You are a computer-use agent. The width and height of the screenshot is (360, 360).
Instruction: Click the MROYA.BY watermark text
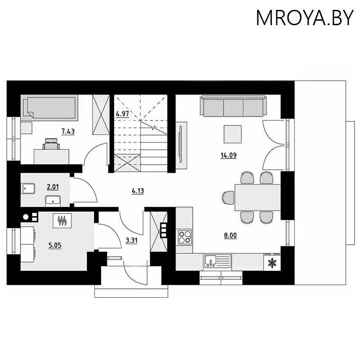pyautogui.click(x=303, y=18)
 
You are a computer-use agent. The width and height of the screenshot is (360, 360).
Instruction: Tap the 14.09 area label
pyautogui.click(x=229, y=156)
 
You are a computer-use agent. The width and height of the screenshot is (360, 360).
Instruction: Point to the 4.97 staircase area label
pyautogui.click(x=122, y=113)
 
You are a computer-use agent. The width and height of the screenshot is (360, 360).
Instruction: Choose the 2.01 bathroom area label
pyautogui.click(x=53, y=186)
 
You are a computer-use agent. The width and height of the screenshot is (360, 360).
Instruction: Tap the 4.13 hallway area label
pyautogui.click(x=137, y=191)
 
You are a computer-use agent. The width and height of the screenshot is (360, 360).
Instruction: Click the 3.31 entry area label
pyautogui.click(x=131, y=240)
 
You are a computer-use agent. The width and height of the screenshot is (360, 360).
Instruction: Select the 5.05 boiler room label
pyautogui.click(x=54, y=246)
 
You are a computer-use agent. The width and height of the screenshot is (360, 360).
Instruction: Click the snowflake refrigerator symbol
pyautogui.click(x=272, y=262)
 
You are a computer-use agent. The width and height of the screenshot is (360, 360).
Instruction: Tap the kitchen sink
pyautogui.click(x=217, y=260)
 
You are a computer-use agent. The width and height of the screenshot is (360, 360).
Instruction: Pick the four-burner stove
pyautogui.click(x=184, y=236)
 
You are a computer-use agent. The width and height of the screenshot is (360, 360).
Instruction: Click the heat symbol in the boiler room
pyautogui.click(x=62, y=220)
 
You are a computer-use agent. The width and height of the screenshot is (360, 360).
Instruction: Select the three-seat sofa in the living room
pyautogui.click(x=232, y=107)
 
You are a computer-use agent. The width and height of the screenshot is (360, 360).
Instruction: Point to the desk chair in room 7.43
pyautogui.click(x=51, y=144)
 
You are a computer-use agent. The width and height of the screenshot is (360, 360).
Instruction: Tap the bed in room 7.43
pyautogui.click(x=50, y=107)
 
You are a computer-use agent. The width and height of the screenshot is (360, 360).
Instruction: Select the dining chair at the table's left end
pyautogui.click(x=228, y=197)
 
